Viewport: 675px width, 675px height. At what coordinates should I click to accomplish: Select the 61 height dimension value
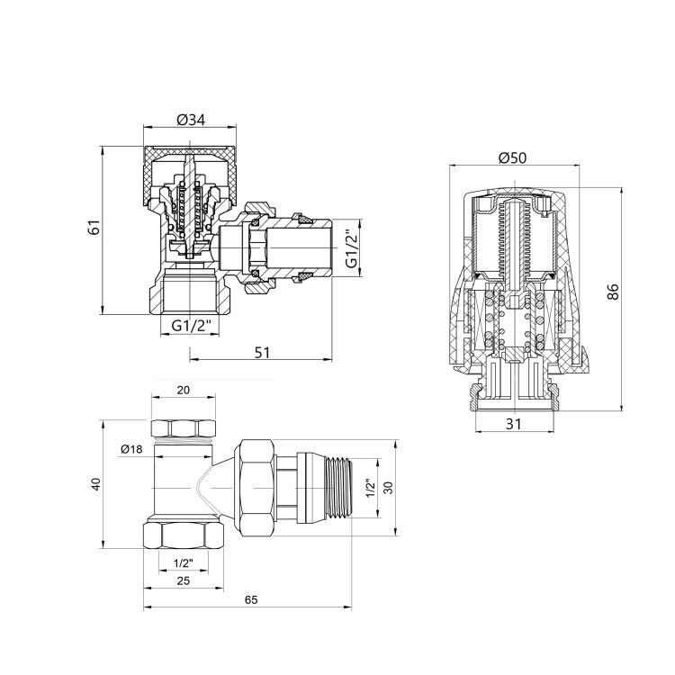pyautogui.click(x=93, y=228)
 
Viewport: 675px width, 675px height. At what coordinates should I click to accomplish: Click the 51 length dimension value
pyautogui.click(x=261, y=353)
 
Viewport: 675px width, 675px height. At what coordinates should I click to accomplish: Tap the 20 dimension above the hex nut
pyautogui.click(x=184, y=391)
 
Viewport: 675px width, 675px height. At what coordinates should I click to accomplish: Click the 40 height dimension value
pyautogui.click(x=96, y=484)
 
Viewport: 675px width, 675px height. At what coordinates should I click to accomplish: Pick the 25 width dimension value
pyautogui.click(x=184, y=581)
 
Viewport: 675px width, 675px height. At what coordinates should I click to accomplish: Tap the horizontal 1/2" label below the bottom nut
pyautogui.click(x=184, y=562)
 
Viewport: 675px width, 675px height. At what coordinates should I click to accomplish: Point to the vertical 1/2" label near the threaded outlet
pyautogui.click(x=369, y=489)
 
